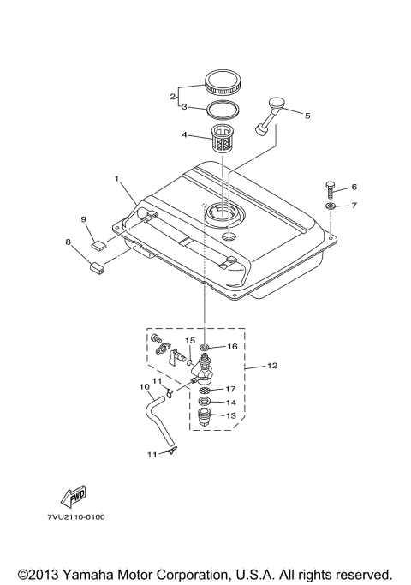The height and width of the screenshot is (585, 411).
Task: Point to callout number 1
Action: click(118, 180)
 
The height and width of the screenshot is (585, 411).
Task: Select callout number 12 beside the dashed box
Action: click(271, 366)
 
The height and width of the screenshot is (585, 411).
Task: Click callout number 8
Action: click(68, 242)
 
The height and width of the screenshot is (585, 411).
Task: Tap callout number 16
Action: click(231, 346)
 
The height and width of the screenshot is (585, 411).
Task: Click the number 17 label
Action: click(230, 389)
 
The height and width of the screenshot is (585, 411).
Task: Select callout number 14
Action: click(230, 402)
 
